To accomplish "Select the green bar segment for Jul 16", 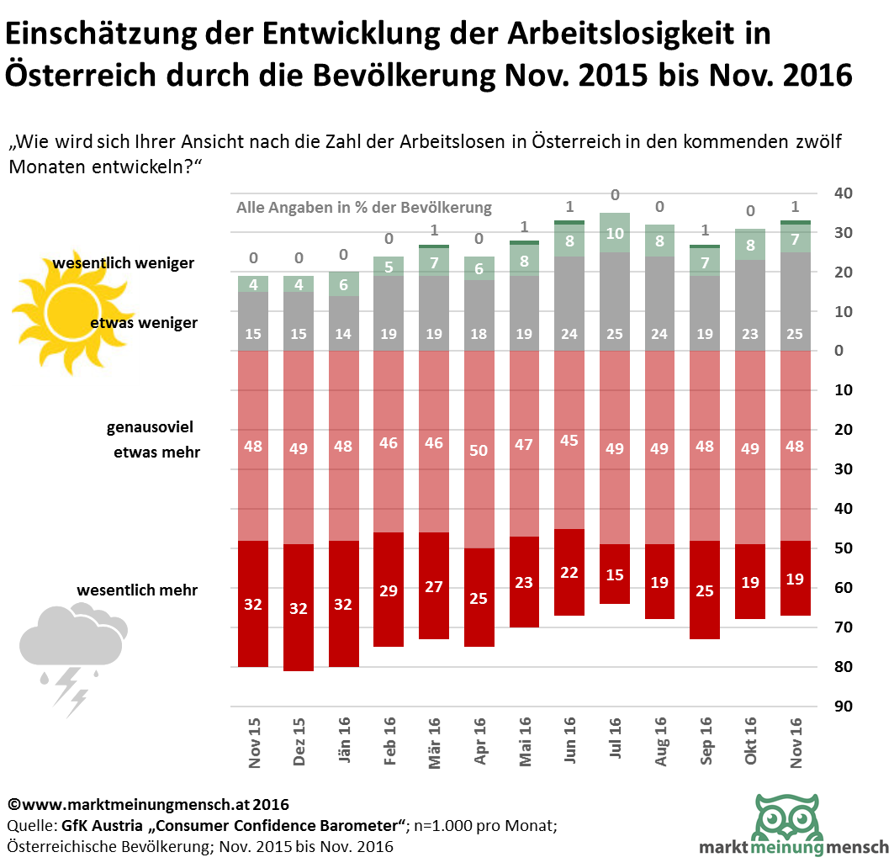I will coord(615,232).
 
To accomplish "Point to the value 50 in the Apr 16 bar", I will coord(479,451).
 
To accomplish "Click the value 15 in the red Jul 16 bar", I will coord(615,575).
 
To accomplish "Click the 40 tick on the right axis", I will coord(843,193).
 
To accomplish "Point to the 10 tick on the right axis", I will coord(843,312).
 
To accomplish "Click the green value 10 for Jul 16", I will coord(615,234).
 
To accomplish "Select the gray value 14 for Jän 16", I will coord(344,334).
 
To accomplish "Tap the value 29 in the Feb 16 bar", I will coord(389,591).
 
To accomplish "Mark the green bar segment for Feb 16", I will coord(389,266).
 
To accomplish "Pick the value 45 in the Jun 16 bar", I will coord(569,440).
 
